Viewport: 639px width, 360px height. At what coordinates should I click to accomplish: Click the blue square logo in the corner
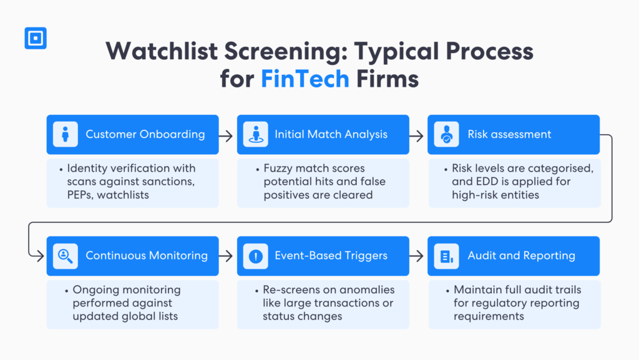tap(36, 38)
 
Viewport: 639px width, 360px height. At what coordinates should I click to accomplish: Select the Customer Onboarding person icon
tap(65, 134)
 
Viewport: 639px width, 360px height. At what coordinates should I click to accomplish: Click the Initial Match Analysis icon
tap(255, 134)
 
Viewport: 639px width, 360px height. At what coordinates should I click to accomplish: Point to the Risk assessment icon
tap(446, 134)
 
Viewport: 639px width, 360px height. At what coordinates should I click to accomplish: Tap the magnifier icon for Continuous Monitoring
tap(65, 256)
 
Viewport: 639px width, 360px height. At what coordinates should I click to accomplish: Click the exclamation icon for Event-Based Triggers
tap(255, 256)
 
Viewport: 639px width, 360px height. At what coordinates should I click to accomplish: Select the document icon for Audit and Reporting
tap(446, 256)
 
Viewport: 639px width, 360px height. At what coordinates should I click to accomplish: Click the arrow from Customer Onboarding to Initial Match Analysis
tap(227, 134)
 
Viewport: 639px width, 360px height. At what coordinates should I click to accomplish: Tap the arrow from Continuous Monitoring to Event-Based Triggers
tap(227, 256)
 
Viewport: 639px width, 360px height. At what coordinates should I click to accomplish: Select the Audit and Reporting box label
tap(521, 256)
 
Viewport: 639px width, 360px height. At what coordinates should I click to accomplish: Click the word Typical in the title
tap(403, 51)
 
